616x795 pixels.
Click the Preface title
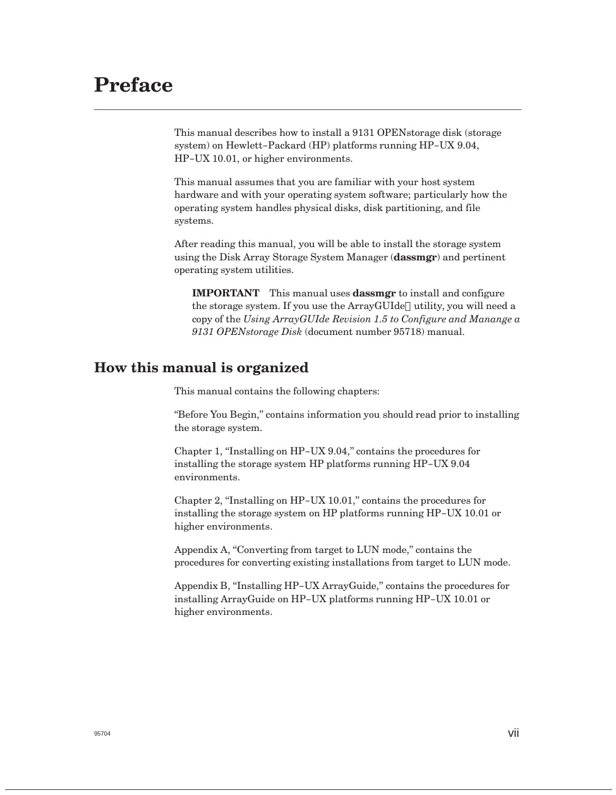click(133, 85)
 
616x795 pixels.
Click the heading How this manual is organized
click(201, 368)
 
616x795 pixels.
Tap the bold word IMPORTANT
click(226, 293)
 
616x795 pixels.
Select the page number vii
click(513, 733)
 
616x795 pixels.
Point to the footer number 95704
click(102, 734)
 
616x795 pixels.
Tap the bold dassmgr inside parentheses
click(415, 257)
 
